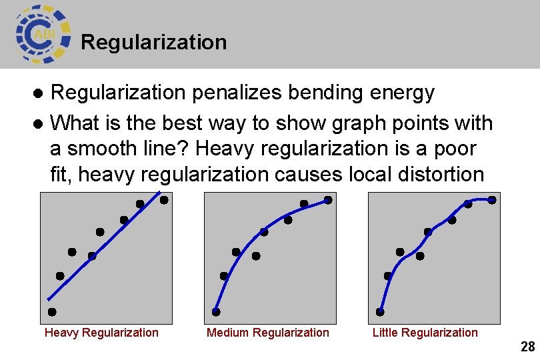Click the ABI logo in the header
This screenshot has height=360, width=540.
(42, 33)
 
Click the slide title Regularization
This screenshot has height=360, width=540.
(153, 43)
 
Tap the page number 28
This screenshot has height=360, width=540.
(527, 347)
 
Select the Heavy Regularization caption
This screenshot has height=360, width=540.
(101, 333)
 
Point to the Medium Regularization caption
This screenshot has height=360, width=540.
(267, 333)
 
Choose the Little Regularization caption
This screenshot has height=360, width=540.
(425, 333)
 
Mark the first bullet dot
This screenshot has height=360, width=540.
(39, 93)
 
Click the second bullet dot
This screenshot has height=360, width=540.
(39, 124)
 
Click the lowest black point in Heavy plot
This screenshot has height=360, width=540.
(52, 312)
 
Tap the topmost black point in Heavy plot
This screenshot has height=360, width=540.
(163, 199)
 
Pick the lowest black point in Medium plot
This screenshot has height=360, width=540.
(216, 312)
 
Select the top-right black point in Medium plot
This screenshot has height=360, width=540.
(328, 199)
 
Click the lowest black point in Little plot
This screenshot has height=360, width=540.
(380, 312)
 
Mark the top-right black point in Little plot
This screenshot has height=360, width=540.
(492, 199)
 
